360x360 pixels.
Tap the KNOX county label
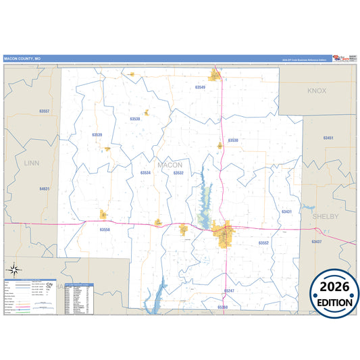[316, 91]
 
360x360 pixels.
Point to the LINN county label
[32, 163]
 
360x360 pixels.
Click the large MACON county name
[170, 165]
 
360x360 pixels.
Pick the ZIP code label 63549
[200, 88]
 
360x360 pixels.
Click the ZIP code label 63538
[135, 118]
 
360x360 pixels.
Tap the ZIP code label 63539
[97, 134]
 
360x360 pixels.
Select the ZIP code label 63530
[233, 140]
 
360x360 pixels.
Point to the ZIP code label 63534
[145, 173]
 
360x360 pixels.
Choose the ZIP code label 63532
[178, 173]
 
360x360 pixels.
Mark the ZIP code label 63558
[104, 230]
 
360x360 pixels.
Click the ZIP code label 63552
[263, 242]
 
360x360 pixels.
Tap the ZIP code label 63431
[286, 211]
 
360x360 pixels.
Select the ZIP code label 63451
[328, 138]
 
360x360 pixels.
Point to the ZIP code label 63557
[45, 110]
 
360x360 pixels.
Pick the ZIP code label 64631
[45, 188]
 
